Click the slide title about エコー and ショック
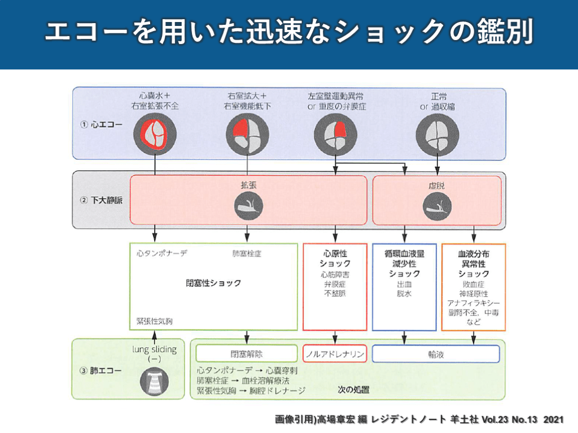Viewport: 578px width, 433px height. (288, 33)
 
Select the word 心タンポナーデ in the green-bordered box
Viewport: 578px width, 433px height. (162, 254)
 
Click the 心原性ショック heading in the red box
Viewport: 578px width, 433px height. (335, 259)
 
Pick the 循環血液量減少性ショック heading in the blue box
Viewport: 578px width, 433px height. (404, 263)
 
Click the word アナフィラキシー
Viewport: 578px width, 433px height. (473, 303)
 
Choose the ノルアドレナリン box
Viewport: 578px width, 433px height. (335, 354)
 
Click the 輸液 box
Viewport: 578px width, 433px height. (435, 354)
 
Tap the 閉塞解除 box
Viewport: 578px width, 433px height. (246, 354)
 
